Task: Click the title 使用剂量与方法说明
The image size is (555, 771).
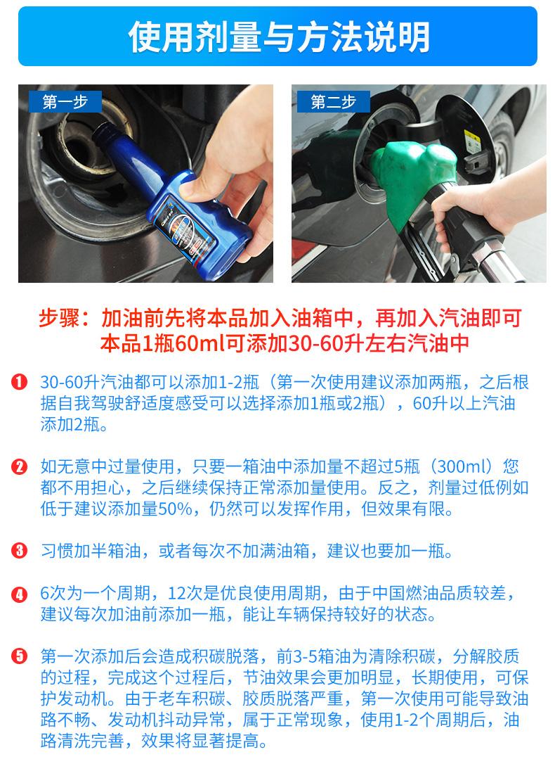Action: tap(277, 37)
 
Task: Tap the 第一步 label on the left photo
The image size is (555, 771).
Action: tap(65, 102)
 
